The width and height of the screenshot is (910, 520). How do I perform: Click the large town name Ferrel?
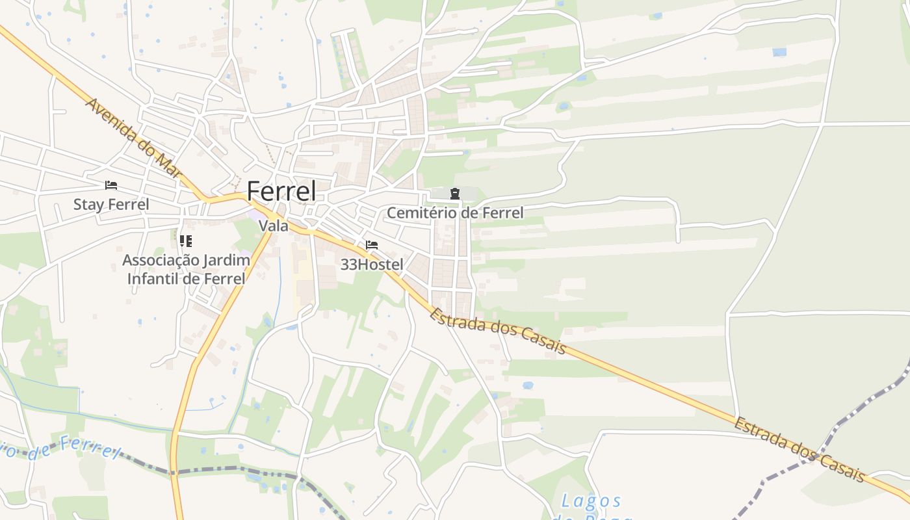pyautogui.click(x=281, y=191)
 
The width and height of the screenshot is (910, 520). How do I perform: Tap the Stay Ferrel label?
pyautogui.click(x=111, y=204)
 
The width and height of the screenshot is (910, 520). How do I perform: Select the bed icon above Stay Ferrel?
pyautogui.click(x=111, y=185)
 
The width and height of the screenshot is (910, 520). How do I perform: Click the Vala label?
pyautogui.click(x=273, y=226)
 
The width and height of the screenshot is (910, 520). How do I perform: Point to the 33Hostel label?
pyautogui.click(x=372, y=265)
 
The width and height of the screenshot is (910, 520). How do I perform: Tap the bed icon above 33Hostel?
pyautogui.click(x=372, y=245)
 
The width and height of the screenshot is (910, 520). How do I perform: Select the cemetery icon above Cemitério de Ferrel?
pyautogui.click(x=454, y=193)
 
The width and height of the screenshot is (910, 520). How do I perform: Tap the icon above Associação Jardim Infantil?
pyautogui.click(x=186, y=241)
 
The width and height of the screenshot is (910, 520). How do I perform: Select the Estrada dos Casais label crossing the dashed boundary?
pyautogui.click(x=799, y=449)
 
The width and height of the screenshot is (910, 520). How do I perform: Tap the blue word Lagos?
pyautogui.click(x=591, y=500)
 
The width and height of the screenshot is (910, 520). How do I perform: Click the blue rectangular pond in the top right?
pyautogui.click(x=779, y=52)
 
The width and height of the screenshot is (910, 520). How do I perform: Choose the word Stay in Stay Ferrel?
pyautogui.click(x=87, y=204)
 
